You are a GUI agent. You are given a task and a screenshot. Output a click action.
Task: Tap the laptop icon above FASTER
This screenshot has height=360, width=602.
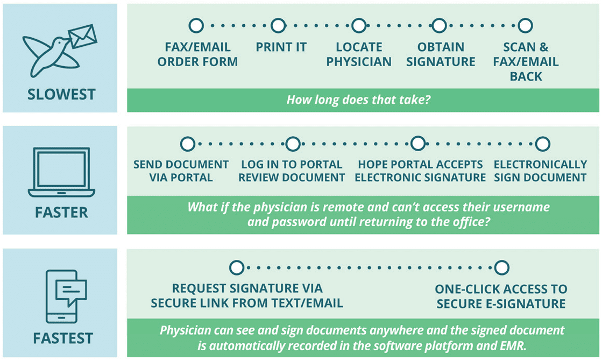(61, 172)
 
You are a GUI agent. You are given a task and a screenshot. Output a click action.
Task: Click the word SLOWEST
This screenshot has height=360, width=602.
(61, 95)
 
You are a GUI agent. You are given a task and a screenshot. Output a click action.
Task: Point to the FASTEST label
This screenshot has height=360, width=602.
(63, 338)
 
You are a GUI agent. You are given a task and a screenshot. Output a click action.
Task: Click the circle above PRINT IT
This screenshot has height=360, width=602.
(278, 26)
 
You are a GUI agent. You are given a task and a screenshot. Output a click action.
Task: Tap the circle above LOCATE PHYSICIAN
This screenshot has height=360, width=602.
(359, 26)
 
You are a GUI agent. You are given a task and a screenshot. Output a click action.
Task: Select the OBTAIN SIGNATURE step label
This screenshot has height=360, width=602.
(441, 54)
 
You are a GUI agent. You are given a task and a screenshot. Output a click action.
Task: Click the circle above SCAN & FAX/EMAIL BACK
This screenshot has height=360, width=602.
(525, 26)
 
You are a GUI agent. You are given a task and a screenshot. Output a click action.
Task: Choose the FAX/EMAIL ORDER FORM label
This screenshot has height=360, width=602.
(197, 54)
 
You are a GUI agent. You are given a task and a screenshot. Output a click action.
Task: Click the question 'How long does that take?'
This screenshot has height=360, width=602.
(358, 100)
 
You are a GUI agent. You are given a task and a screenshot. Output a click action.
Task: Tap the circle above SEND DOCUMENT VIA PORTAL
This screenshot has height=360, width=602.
(187, 144)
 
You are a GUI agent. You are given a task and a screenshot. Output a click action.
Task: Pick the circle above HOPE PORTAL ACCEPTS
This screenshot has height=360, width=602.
(417, 144)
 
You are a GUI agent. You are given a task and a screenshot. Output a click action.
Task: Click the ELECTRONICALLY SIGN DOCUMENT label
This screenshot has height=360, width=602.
(540, 171)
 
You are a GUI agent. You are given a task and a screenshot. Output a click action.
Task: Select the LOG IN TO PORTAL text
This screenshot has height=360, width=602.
(292, 165)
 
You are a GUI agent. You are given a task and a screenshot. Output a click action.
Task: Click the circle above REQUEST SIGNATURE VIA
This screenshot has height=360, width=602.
(237, 267)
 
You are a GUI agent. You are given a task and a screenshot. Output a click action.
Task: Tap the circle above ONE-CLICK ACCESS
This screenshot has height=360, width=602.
(501, 267)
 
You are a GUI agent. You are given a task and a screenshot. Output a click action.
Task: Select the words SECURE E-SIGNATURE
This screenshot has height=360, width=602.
(501, 304)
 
